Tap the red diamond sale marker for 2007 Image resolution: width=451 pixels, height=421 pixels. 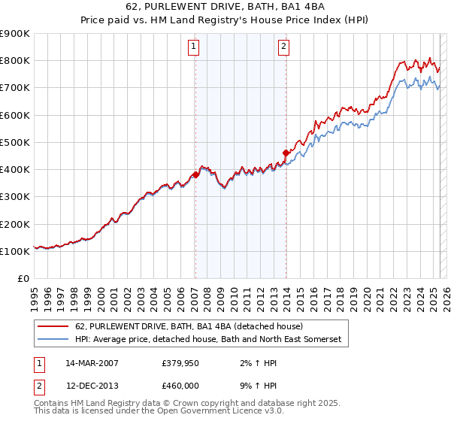(x=195, y=174)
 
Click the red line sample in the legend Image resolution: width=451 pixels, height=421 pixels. (x=54, y=327)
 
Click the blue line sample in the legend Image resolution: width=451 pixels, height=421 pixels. (x=54, y=340)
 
